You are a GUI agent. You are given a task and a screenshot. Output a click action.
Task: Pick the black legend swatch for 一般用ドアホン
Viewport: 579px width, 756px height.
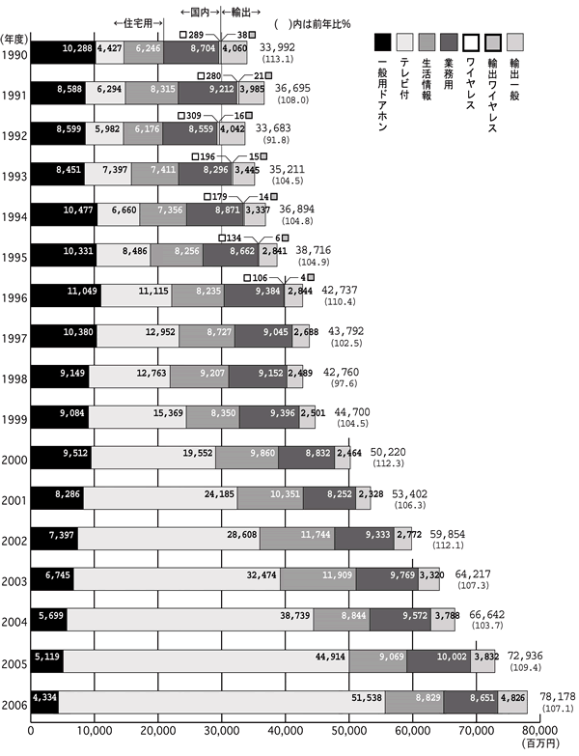click(x=383, y=40)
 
